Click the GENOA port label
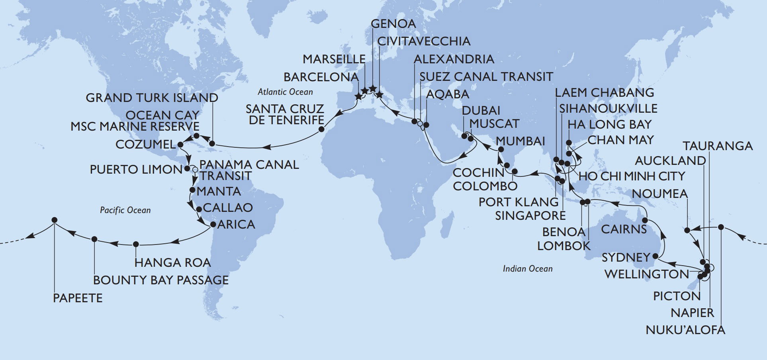[393, 23]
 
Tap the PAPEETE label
[78, 298]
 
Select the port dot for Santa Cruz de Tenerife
[322, 129]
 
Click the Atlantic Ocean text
[285, 92]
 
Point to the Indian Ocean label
[527, 269]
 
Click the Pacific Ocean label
[125, 210]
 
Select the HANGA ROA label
[172, 262]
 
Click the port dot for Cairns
[645, 220]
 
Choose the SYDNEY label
[626, 257]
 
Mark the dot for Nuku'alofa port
[721, 227]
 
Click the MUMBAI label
[520, 141]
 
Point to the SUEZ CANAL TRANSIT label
[486, 76]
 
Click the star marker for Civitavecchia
[379, 95]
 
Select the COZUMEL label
[145, 144]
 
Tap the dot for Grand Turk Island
[212, 143]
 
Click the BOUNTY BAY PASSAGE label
[161, 280]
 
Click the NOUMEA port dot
[687, 230]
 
